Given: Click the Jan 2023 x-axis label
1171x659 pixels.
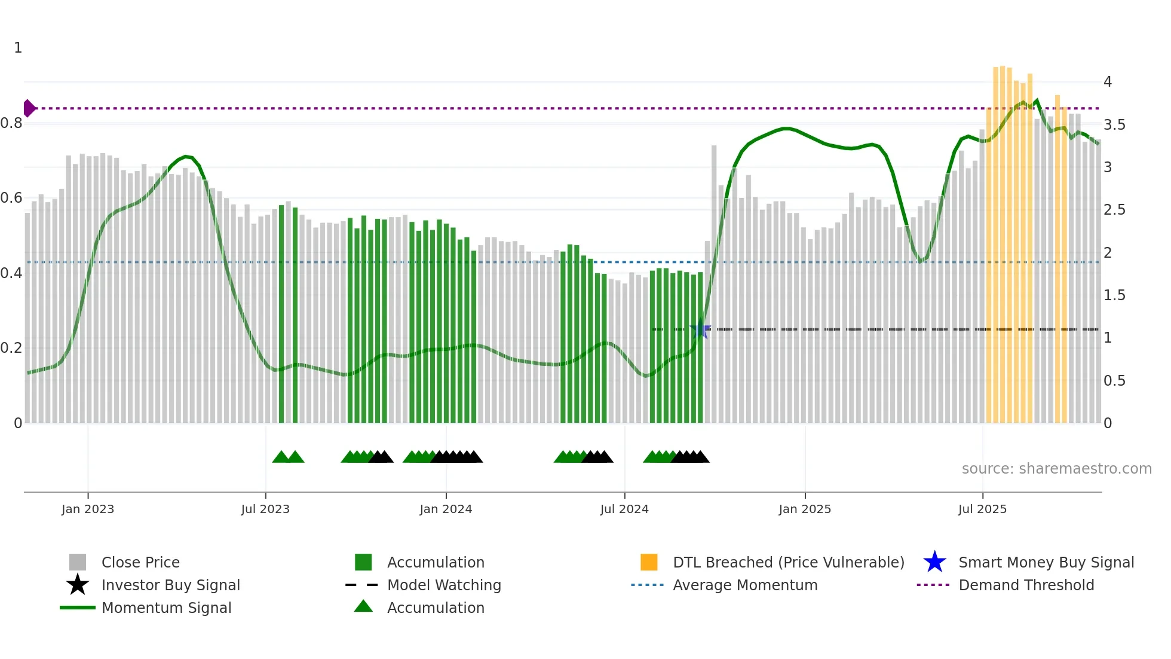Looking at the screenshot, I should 87,509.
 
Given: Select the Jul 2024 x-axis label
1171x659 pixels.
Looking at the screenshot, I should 624,509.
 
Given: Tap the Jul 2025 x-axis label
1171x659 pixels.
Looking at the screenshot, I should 982,509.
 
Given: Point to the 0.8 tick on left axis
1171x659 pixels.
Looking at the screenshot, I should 12,123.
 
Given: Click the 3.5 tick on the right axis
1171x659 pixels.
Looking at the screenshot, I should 1114,124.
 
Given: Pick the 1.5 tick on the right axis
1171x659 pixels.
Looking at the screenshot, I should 1114,295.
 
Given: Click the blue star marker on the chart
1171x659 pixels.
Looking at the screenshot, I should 700,329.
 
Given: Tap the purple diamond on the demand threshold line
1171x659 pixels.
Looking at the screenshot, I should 28,108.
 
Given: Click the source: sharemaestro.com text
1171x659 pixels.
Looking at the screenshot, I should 1056,469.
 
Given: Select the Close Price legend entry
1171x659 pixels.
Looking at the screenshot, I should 140,562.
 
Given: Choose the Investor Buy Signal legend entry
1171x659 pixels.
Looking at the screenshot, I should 170,585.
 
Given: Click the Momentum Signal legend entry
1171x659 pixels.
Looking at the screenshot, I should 166,608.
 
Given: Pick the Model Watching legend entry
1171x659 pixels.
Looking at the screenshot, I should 444,585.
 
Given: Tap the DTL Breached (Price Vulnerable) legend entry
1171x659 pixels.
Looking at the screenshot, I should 788,562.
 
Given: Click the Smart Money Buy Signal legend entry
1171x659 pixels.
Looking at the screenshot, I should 1046,562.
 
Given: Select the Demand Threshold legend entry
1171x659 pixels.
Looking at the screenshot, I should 1026,585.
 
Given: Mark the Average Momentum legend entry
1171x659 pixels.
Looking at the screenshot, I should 745,585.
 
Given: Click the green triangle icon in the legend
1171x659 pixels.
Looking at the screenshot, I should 363,606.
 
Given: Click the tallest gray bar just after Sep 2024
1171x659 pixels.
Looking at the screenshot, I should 714,284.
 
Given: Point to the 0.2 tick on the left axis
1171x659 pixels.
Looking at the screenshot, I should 12,348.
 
